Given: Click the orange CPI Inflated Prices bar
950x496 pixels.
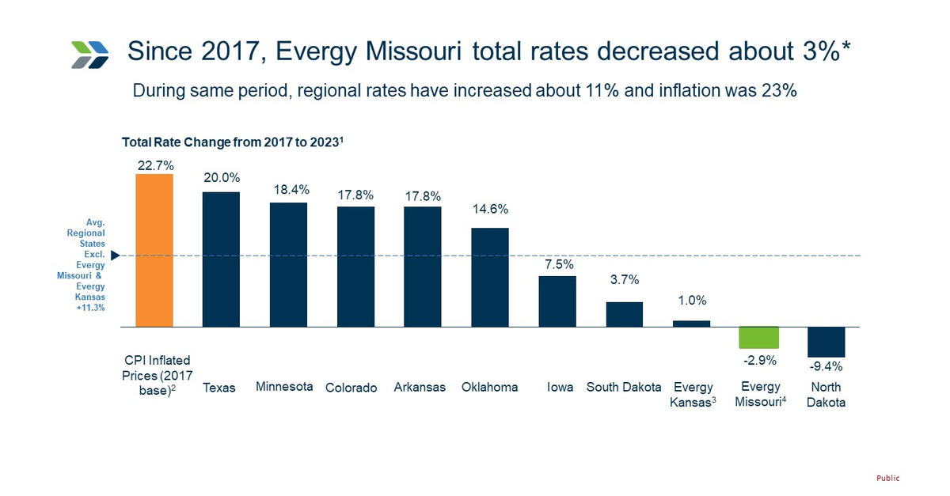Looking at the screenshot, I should coord(154,250).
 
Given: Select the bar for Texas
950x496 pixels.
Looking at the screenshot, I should coord(221,259).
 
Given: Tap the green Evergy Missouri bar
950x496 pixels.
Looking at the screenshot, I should coord(758,338).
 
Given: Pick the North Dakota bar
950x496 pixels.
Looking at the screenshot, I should coord(826,342).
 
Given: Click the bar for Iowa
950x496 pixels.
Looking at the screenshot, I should coord(557,301).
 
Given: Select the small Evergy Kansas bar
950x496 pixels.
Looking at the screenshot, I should coord(691,324).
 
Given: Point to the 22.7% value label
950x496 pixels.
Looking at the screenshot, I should coord(154,165).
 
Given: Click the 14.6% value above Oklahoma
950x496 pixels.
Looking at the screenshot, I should coord(489,210).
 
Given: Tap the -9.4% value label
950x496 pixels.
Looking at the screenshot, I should coord(826,366).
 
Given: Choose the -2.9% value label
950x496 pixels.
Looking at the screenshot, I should coord(759,360).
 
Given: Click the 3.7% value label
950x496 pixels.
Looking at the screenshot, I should coord(624,280).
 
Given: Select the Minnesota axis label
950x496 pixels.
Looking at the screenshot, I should coord(284,387).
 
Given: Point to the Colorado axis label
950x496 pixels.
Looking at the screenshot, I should coord(351,388).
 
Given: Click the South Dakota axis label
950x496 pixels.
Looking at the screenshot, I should coord(624,387).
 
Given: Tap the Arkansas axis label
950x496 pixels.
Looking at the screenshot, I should coord(420,387).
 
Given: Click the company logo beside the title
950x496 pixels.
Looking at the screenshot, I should coord(89,53).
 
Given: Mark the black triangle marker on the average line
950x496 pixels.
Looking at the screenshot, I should coord(116,256).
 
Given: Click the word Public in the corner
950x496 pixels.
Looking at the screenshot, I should coord(887,478).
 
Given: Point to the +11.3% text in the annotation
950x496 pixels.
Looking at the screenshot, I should coord(90,307).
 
